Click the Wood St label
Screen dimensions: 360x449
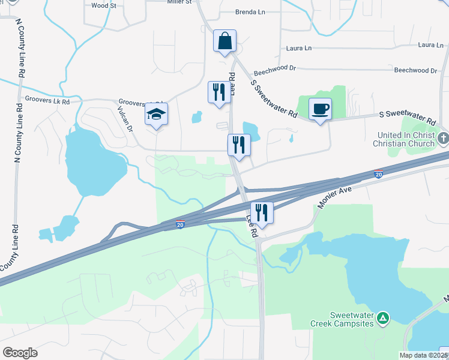(104, 5)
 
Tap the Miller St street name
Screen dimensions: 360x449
(179, 2)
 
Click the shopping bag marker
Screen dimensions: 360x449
(225, 41)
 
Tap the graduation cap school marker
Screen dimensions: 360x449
(156, 114)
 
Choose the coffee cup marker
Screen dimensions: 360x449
(320, 109)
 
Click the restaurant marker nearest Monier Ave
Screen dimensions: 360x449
(262, 212)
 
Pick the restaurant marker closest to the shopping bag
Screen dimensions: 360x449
(218, 92)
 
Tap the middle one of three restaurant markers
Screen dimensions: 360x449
(238, 145)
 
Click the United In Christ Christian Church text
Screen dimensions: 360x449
(405, 139)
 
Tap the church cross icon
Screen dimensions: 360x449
(443, 139)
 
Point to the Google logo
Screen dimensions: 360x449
(20, 353)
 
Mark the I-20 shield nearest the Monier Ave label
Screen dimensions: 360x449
(378, 174)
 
